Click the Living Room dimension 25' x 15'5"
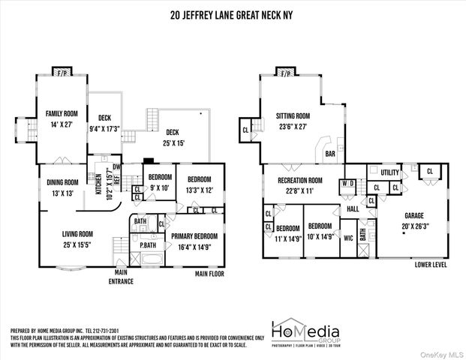[x=77, y=244]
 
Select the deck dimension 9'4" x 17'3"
[x=104, y=129]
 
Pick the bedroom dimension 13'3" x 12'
[x=200, y=190]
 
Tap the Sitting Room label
[x=293, y=116]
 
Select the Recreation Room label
[x=299, y=180]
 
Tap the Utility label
[x=390, y=172]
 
